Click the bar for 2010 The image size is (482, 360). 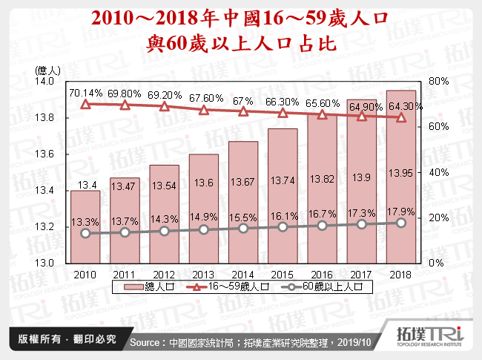click(x=85, y=226)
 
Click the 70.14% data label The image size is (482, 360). click(x=85, y=93)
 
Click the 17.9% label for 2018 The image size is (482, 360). click(x=400, y=209)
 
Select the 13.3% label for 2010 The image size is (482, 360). click(x=85, y=221)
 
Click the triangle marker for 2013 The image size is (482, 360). click(x=204, y=111)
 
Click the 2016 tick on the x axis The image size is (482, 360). click(x=322, y=274)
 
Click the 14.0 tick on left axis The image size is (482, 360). click(x=46, y=81)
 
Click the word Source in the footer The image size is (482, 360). click(x=146, y=343)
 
